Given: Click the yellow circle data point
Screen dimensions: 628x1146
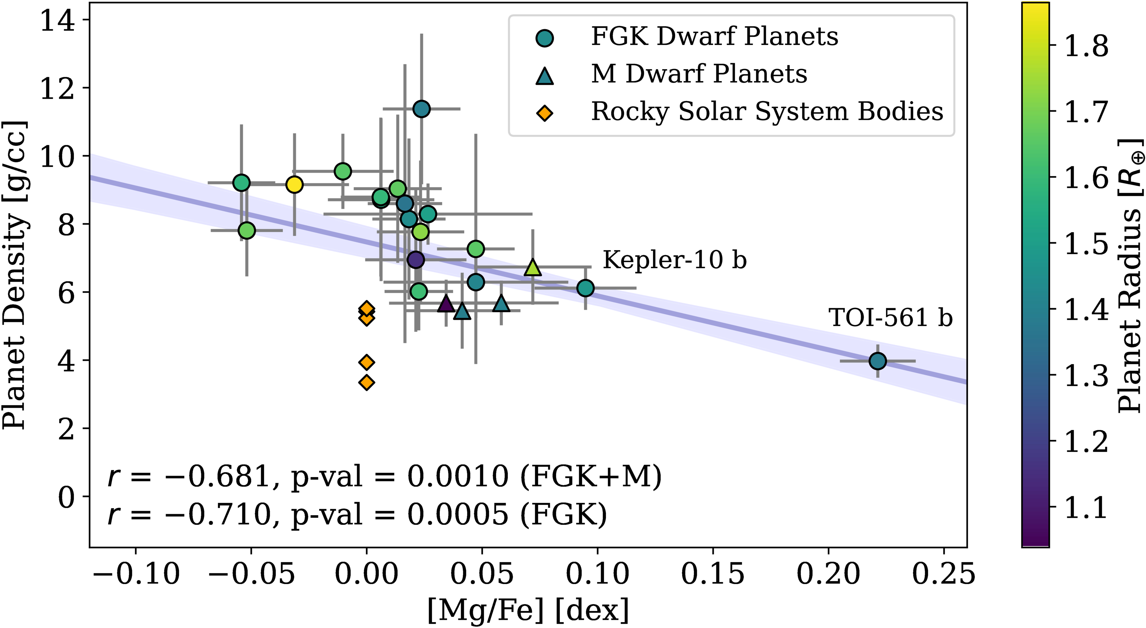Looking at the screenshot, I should pyautogui.click(x=294, y=184).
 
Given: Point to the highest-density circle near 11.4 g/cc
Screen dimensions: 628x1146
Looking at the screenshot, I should pyautogui.click(x=421, y=108).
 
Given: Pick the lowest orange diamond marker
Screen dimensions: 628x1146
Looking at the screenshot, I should pyautogui.click(x=366, y=382).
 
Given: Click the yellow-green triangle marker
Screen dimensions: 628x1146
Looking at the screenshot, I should pyautogui.click(x=533, y=267).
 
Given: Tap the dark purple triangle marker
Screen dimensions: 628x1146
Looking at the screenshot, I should pyautogui.click(x=446, y=303).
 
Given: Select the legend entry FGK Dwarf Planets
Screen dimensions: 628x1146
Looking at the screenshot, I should pyautogui.click(x=714, y=36).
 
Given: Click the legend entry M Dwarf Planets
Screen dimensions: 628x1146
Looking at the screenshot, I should pyautogui.click(x=698, y=74).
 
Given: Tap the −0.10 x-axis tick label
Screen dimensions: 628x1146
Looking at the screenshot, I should pyautogui.click(x=136, y=574).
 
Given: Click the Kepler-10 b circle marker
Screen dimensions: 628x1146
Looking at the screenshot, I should pyautogui.click(x=585, y=288).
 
